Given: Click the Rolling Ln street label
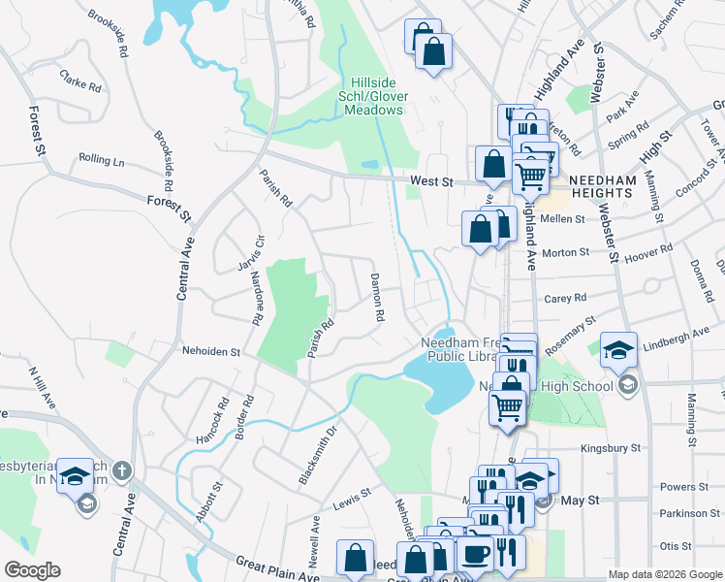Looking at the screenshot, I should pos(102,159).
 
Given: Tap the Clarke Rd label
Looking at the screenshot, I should pos(80,80).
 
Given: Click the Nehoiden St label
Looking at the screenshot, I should pos(210,351).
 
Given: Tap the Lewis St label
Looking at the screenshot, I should pos(352,498).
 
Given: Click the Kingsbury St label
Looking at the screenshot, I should pos(611,448).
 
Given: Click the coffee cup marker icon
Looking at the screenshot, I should pos(474,553).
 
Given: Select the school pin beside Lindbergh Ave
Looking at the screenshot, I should pos(618,349).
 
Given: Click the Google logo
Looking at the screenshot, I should pos(32,570).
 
